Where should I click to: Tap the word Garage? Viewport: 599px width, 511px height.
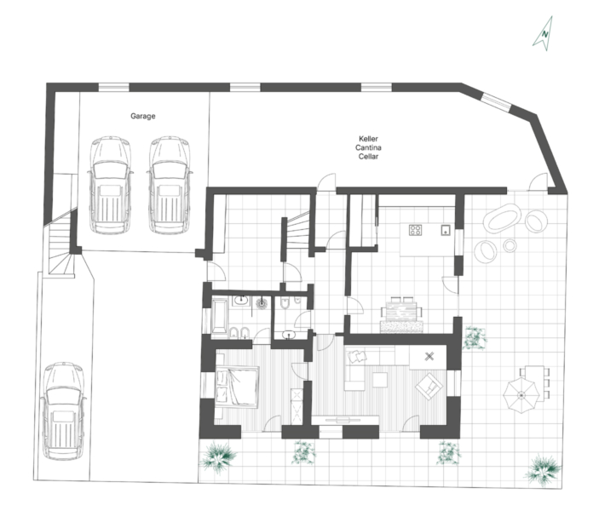coord(143,116)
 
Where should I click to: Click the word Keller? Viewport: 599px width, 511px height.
coord(368,139)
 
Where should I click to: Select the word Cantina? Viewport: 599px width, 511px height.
coord(368,147)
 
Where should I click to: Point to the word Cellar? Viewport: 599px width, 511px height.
coord(368,156)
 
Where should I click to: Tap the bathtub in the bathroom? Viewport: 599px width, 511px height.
coord(219,316)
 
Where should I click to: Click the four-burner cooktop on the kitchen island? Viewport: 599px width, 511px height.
coord(415,230)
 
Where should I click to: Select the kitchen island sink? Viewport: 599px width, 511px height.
coord(446,230)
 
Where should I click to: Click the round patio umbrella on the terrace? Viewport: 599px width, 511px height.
coord(521,395)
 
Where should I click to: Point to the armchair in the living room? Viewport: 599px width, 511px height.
coord(429,386)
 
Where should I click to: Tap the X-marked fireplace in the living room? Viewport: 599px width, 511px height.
coord(429,357)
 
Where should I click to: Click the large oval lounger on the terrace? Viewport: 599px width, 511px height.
coord(502,217)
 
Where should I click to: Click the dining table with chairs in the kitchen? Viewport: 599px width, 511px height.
coord(401,310)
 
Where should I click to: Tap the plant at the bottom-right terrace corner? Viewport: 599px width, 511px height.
coord(543,470)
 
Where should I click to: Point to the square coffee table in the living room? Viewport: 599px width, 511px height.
coord(380,380)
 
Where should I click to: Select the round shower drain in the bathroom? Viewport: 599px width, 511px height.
coord(262,304)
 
